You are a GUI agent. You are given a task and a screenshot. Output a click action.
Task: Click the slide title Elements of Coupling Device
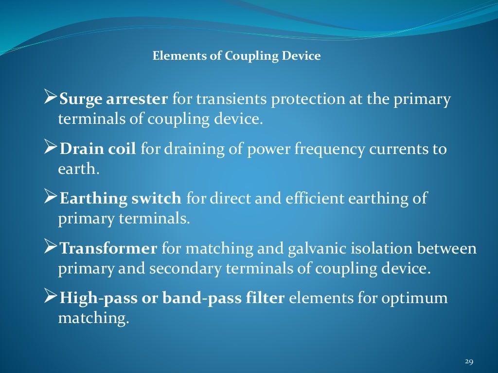[236, 56]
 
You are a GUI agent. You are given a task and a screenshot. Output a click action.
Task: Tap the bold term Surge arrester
[113, 100]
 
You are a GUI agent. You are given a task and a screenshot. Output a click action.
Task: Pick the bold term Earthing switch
[120, 199]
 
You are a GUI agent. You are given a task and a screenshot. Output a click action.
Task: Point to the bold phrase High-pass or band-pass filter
[171, 298]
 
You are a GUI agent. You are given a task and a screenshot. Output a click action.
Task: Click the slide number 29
[469, 361]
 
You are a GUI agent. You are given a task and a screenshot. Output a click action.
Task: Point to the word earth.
[76, 170]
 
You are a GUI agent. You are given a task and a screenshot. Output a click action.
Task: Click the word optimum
[417, 298]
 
